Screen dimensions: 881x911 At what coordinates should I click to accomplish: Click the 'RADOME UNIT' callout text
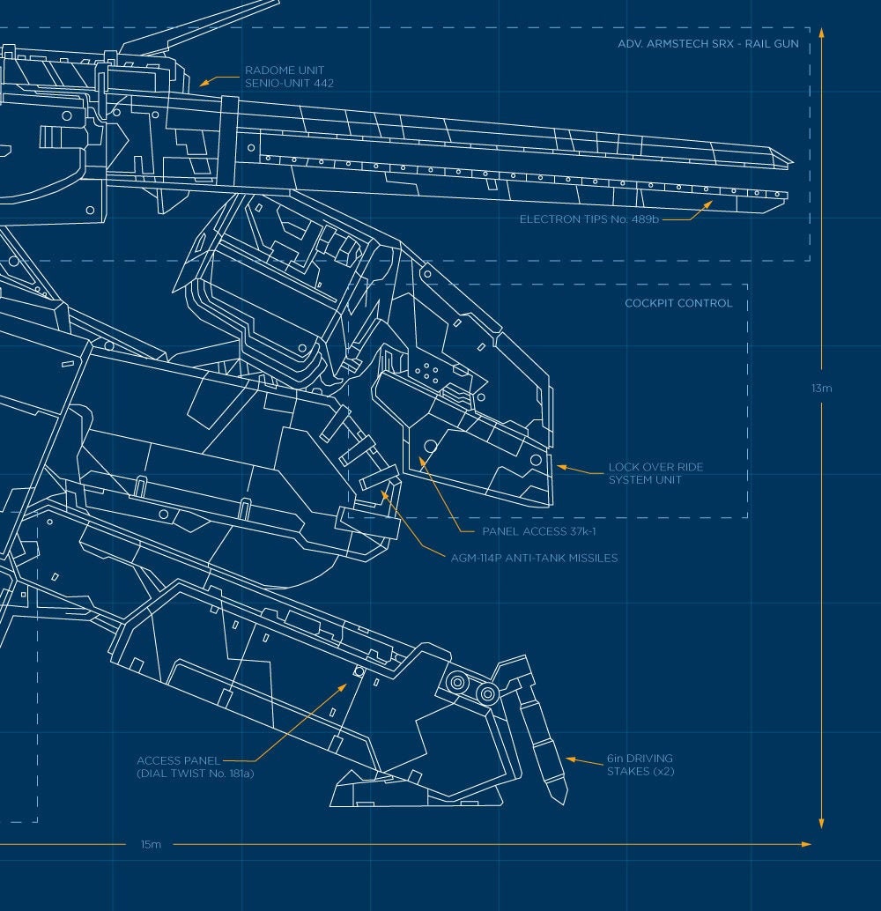pyautogui.click(x=285, y=70)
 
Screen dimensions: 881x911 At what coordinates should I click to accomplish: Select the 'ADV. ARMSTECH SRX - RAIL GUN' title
pyautogui.click(x=707, y=43)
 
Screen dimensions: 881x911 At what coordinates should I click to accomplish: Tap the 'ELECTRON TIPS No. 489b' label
pyautogui.click(x=589, y=219)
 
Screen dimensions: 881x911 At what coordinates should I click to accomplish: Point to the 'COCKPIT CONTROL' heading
pyautogui.click(x=678, y=303)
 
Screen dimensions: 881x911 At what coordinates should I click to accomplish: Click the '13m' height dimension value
pyautogui.click(x=822, y=389)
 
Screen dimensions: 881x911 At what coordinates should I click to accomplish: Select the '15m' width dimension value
pyautogui.click(x=151, y=844)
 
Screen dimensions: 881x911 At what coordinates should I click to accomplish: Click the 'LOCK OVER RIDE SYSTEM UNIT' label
pyautogui.click(x=655, y=473)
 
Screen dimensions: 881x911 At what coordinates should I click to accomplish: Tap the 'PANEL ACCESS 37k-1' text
pyautogui.click(x=538, y=531)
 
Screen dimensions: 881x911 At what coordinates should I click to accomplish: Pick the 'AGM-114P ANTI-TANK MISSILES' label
pyautogui.click(x=534, y=558)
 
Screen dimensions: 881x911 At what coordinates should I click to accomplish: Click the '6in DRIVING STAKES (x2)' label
pyautogui.click(x=640, y=765)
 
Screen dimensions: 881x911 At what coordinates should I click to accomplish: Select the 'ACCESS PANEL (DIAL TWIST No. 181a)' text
pyautogui.click(x=196, y=767)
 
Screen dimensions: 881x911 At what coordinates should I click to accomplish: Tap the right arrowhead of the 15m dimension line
pyautogui.click(x=806, y=844)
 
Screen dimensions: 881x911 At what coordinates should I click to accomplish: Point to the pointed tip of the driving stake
pyautogui.click(x=563, y=804)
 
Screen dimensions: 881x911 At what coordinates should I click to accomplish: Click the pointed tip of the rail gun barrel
pyautogui.click(x=793, y=161)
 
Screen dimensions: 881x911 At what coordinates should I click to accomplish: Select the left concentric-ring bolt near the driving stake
pyautogui.click(x=457, y=682)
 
